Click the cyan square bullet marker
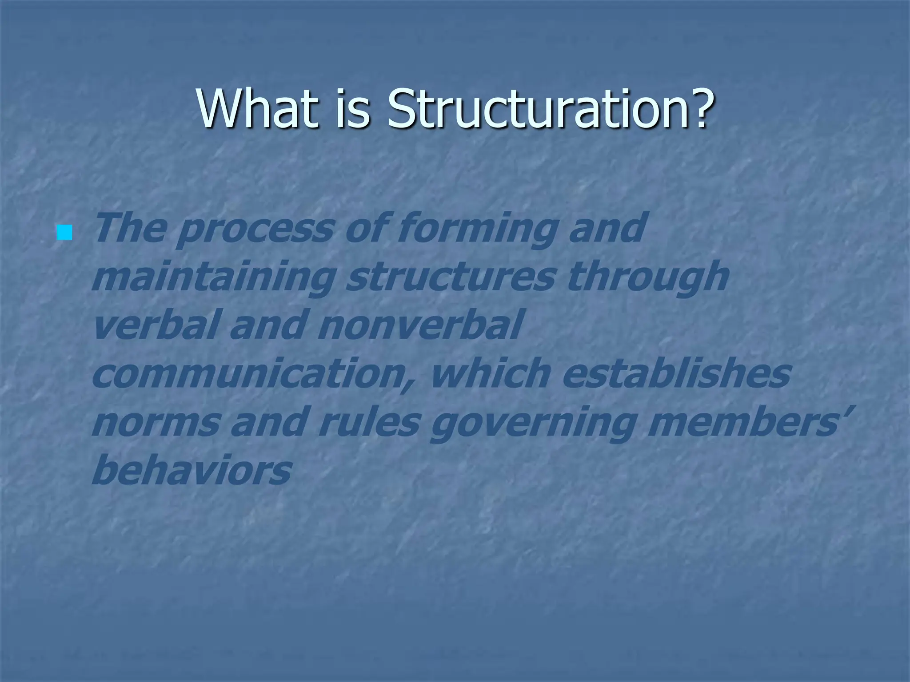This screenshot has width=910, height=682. click(x=65, y=232)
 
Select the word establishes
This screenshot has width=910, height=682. click(x=675, y=374)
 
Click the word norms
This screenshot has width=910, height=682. click(x=155, y=423)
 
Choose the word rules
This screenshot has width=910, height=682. click(x=368, y=423)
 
